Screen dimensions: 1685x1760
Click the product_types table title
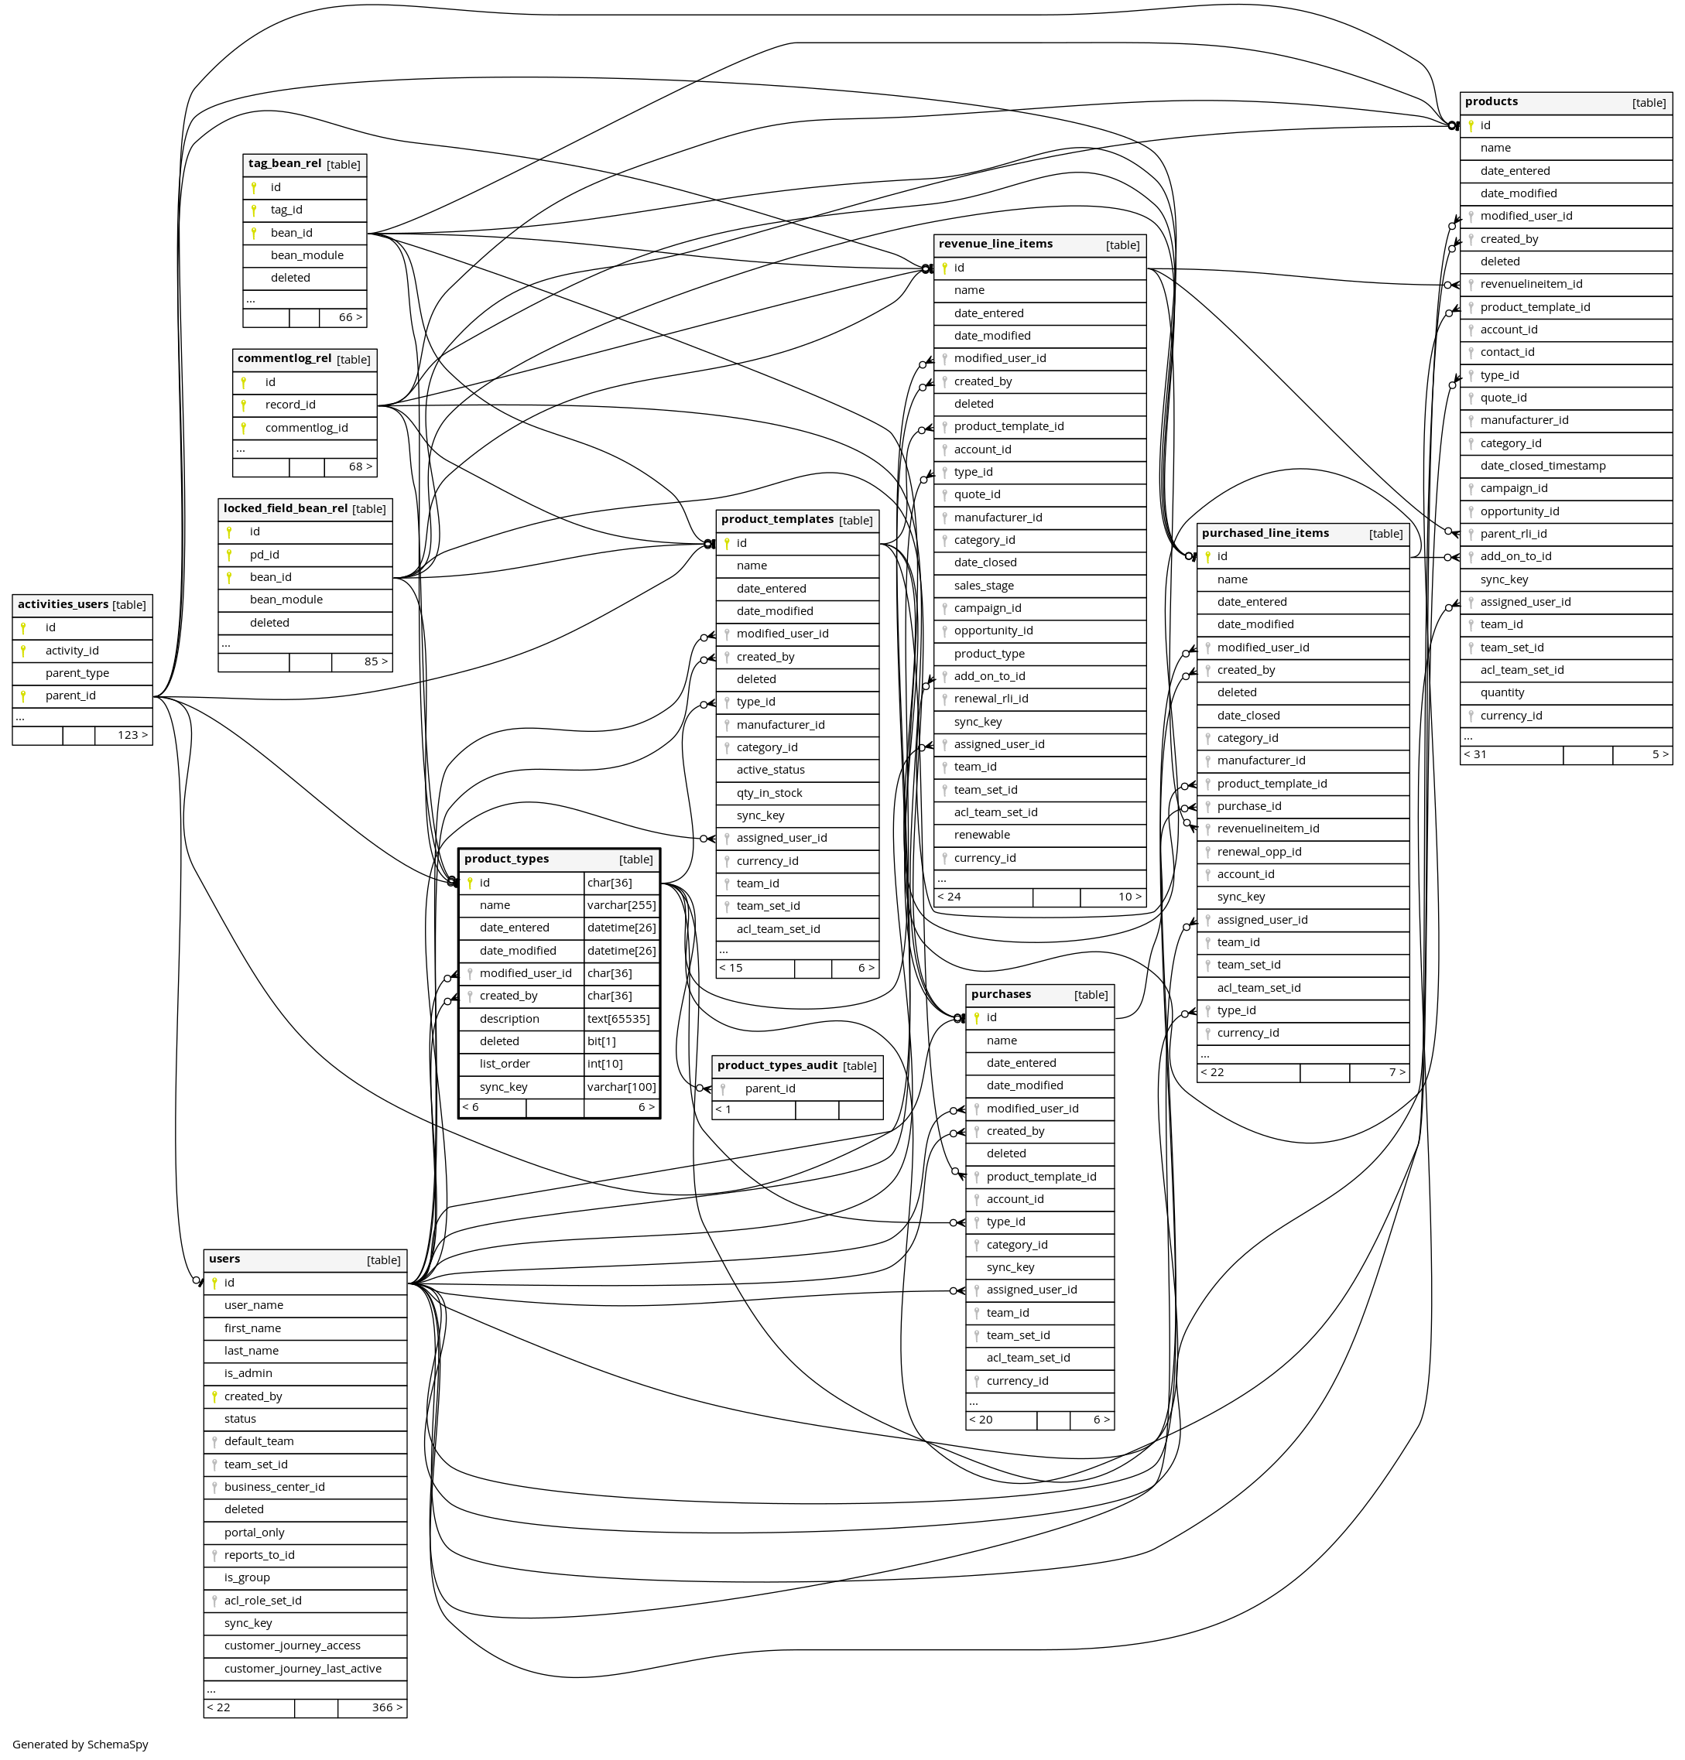505,859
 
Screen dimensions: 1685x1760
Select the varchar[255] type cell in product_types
622,906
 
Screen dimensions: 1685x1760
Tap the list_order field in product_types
505,1064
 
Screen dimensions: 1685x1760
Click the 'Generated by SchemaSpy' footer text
80,1745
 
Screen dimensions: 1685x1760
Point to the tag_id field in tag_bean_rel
286,210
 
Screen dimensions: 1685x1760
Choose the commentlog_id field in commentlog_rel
307,429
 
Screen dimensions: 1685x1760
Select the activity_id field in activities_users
72,651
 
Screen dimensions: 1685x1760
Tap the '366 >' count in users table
387,1708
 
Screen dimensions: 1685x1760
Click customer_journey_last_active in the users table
303,1669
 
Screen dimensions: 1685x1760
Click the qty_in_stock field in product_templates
770,794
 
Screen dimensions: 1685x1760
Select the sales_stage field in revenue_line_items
984,586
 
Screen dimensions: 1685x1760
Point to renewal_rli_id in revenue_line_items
991,699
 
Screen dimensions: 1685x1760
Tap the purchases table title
1001,995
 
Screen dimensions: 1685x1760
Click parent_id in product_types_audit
770,1089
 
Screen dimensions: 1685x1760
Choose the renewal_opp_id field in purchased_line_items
1259,853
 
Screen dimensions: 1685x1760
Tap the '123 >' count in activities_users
133,736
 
